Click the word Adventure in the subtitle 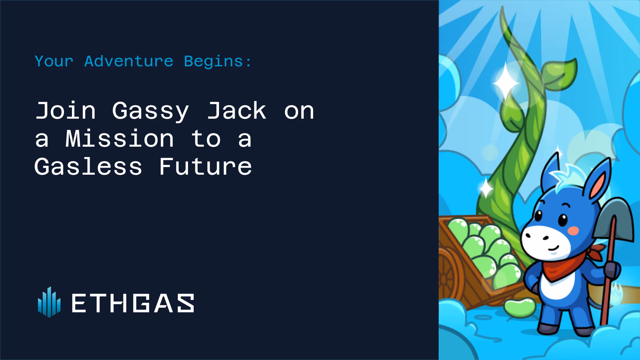129,61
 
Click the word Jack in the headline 237,110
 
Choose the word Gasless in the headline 88,166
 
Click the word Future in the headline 205,166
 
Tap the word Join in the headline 66,110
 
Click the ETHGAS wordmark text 133,303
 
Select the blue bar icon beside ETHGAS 49,302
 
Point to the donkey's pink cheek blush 573,230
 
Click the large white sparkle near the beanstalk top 506,82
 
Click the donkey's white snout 545,242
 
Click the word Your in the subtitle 54,61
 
